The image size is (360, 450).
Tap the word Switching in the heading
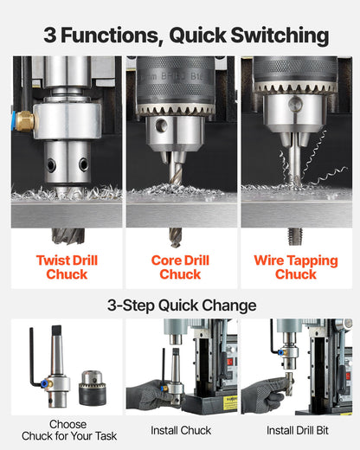point(276,35)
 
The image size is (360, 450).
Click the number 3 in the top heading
point(51,35)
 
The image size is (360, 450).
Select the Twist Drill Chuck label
point(67,267)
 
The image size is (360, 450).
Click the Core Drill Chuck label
point(180,267)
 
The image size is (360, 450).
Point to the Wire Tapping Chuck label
point(295,267)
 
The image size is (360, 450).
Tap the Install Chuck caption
point(181,430)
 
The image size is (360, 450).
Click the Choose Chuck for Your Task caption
point(67,430)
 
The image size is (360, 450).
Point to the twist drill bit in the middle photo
point(178,170)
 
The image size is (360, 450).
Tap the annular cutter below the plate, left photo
point(67,235)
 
